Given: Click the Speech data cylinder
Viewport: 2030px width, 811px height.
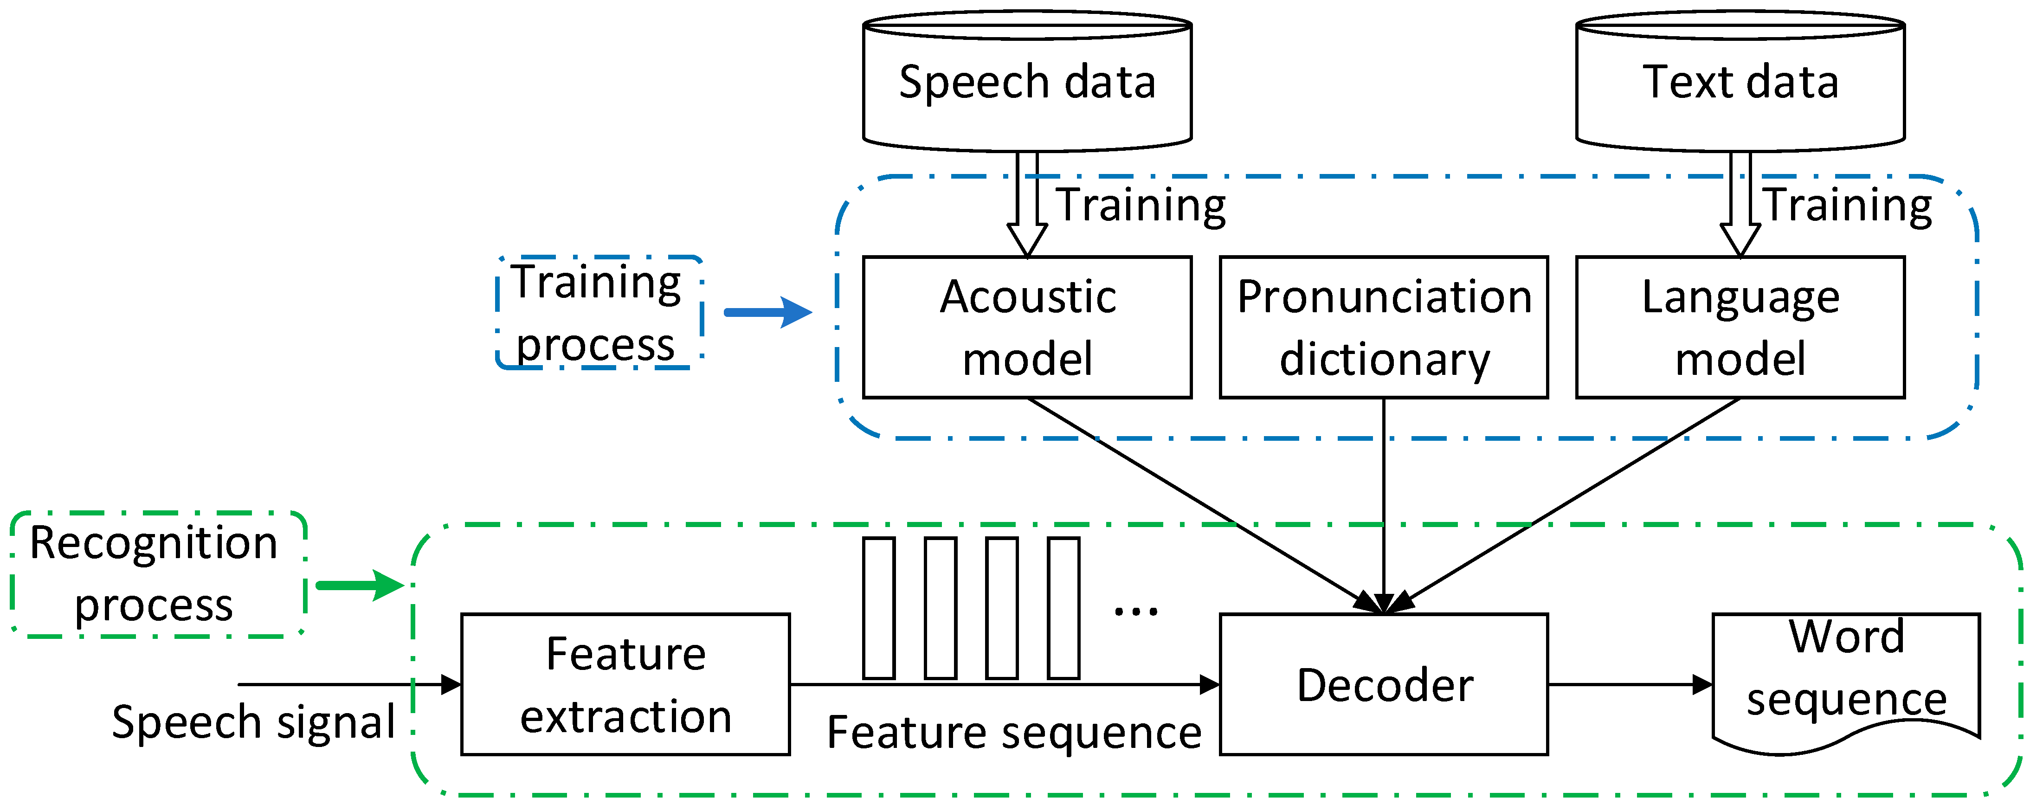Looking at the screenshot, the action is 1027,81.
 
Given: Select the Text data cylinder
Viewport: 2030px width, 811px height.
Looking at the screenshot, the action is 1740,81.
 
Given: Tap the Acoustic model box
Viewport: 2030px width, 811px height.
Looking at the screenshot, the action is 1027,327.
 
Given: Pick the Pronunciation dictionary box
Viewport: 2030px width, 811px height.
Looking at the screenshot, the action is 1384,327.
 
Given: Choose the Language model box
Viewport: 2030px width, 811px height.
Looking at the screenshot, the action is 1740,327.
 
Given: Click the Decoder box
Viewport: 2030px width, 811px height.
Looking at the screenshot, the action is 1384,684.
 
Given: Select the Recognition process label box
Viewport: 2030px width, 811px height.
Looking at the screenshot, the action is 158,574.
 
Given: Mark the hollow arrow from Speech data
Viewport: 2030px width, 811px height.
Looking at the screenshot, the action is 1027,204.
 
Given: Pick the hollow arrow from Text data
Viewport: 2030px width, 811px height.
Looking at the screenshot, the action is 1740,204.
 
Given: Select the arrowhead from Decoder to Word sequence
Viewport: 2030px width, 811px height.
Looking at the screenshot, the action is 1702,684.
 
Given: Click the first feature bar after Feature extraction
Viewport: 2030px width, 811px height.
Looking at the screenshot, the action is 879,608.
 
